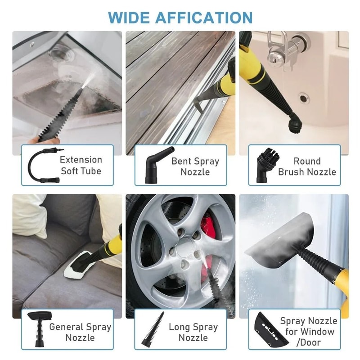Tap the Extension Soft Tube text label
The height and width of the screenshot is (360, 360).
(x=81, y=165)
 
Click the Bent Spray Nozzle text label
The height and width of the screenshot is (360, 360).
(x=195, y=166)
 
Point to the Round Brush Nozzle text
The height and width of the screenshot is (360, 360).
(x=307, y=166)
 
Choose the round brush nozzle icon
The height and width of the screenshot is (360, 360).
(x=265, y=165)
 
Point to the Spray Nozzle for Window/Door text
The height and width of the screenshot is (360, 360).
(x=308, y=332)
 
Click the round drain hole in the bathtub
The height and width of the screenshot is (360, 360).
(x=304, y=98)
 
